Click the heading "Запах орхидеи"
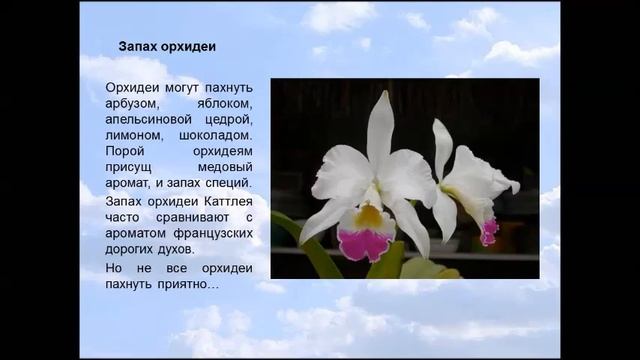pyautogui.click(x=168, y=46)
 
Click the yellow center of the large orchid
pyautogui.click(x=368, y=214)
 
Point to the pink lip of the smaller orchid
pyautogui.click(x=489, y=232)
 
